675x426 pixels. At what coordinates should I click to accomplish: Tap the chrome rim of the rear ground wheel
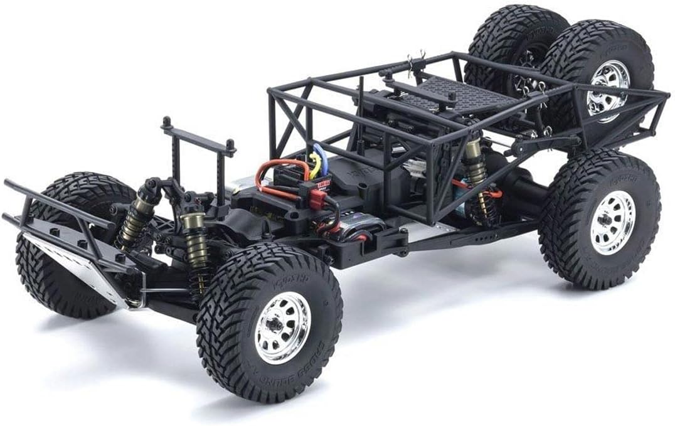coord(612,222)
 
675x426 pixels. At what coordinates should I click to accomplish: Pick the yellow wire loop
coord(313,164)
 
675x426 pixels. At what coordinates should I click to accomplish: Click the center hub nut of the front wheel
coord(276,326)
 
